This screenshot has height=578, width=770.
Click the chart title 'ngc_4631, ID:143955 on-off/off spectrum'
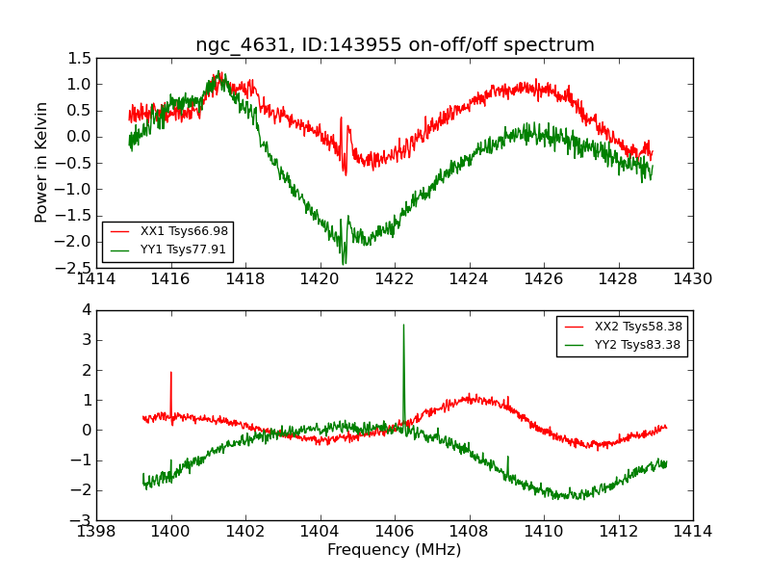395,44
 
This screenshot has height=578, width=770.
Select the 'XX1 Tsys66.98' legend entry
184,231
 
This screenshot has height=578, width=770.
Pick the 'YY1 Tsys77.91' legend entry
184,250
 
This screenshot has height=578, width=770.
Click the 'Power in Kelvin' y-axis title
41,162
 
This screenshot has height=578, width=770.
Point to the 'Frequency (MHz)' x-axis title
395,550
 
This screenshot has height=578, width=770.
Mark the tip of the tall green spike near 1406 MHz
403,325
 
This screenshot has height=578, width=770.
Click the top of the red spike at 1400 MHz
171,372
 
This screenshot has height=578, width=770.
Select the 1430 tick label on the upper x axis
692,278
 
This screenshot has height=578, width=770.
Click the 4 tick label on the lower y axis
87,310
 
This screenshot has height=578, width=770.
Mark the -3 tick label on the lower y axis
83,520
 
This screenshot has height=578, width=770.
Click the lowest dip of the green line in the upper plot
344,264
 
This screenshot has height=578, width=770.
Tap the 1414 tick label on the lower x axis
692,531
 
